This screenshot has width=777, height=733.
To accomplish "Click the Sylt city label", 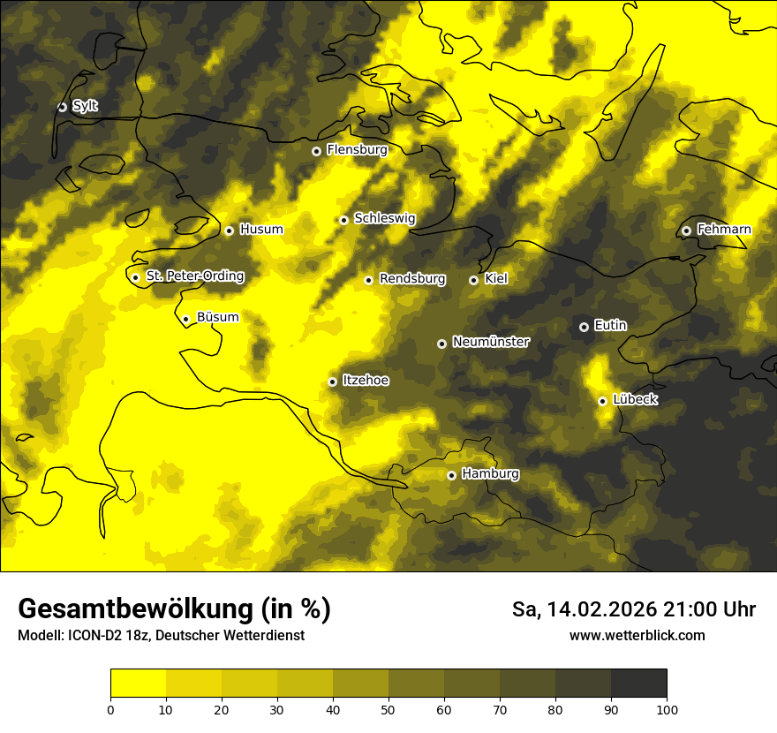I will pyautogui.click(x=85, y=106).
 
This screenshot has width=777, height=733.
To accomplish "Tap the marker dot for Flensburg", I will pyautogui.click(x=316, y=151).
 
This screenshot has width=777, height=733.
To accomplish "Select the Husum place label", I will pyautogui.click(x=261, y=230).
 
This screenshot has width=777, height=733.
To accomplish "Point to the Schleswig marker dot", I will pyautogui.click(x=343, y=220).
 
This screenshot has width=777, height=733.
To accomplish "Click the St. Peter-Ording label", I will pyautogui.click(x=195, y=276).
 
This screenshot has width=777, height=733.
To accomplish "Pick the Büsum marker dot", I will pyautogui.click(x=185, y=320).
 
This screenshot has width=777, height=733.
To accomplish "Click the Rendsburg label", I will pyautogui.click(x=412, y=279).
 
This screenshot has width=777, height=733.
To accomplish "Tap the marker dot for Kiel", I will pyautogui.click(x=473, y=280).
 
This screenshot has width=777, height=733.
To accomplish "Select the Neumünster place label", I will pyautogui.click(x=491, y=342).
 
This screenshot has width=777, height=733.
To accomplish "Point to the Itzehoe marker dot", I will pyautogui.click(x=332, y=382).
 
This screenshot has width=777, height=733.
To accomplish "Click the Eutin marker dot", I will pyautogui.click(x=584, y=327).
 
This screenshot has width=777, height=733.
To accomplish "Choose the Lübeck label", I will pyautogui.click(x=635, y=400).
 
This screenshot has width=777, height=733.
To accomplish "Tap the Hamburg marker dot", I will pyautogui.click(x=451, y=475).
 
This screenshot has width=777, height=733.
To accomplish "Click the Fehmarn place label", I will pyautogui.click(x=724, y=230).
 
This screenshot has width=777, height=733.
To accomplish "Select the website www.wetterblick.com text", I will pyautogui.click(x=637, y=635).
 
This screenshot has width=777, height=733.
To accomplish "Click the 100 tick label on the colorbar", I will pyautogui.click(x=667, y=709).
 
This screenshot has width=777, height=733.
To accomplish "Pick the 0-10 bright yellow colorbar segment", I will pyautogui.click(x=138, y=684).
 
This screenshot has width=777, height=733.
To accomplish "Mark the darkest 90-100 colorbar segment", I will pyautogui.click(x=638, y=684).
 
